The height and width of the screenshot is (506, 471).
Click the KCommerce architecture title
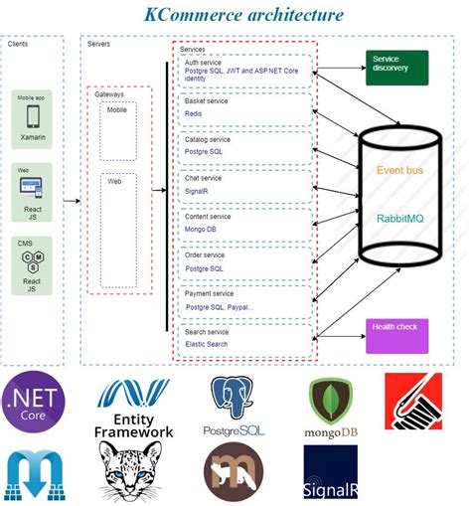(x=243, y=15)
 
